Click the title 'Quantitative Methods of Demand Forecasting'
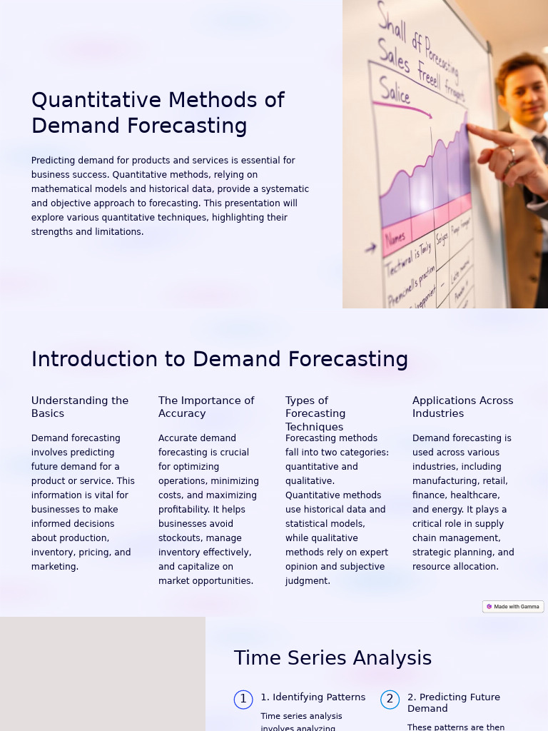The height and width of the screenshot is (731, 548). (x=158, y=113)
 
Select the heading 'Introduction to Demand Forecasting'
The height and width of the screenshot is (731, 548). (x=219, y=359)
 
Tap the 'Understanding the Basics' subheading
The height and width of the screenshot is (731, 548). (x=80, y=407)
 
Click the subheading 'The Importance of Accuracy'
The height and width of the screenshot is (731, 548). (x=206, y=407)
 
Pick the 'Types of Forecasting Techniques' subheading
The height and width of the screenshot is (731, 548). (x=315, y=413)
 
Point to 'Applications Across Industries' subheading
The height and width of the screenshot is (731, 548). (x=462, y=407)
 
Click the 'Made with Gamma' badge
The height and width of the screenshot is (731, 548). (x=513, y=607)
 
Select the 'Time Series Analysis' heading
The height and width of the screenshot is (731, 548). (x=333, y=658)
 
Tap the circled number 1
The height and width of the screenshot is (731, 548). (x=243, y=700)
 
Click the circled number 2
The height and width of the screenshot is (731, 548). (x=390, y=700)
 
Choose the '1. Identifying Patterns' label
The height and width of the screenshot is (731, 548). (x=313, y=697)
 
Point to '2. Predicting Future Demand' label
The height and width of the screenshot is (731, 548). (x=454, y=702)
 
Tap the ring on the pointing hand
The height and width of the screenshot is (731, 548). (x=512, y=151)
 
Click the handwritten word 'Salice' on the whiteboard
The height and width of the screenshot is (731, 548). (x=395, y=91)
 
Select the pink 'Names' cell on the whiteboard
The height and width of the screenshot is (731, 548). (x=395, y=238)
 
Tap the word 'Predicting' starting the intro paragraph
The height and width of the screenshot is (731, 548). (x=53, y=161)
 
